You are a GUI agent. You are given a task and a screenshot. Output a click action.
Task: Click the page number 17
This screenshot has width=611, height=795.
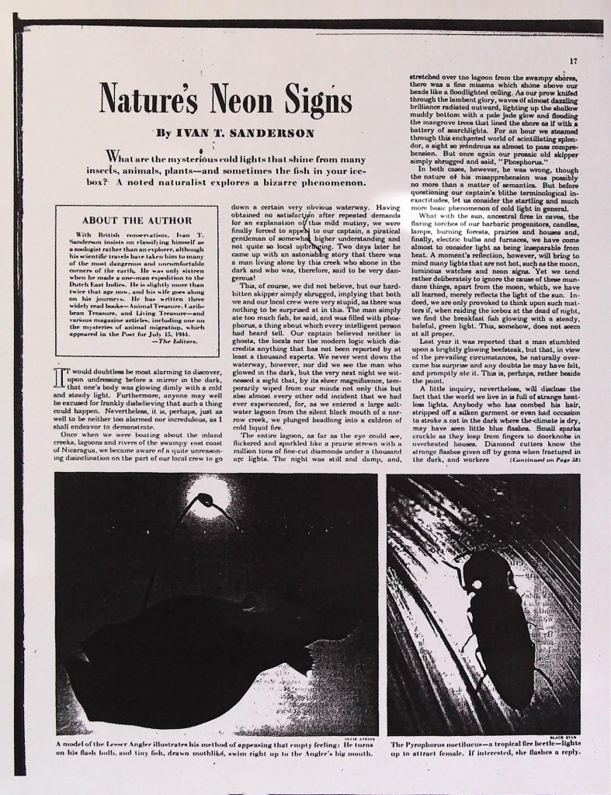coord(573,61)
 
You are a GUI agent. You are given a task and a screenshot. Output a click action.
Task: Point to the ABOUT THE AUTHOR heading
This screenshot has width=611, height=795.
coord(137,220)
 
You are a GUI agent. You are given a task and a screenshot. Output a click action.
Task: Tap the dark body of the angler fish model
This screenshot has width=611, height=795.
coord(179,652)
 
